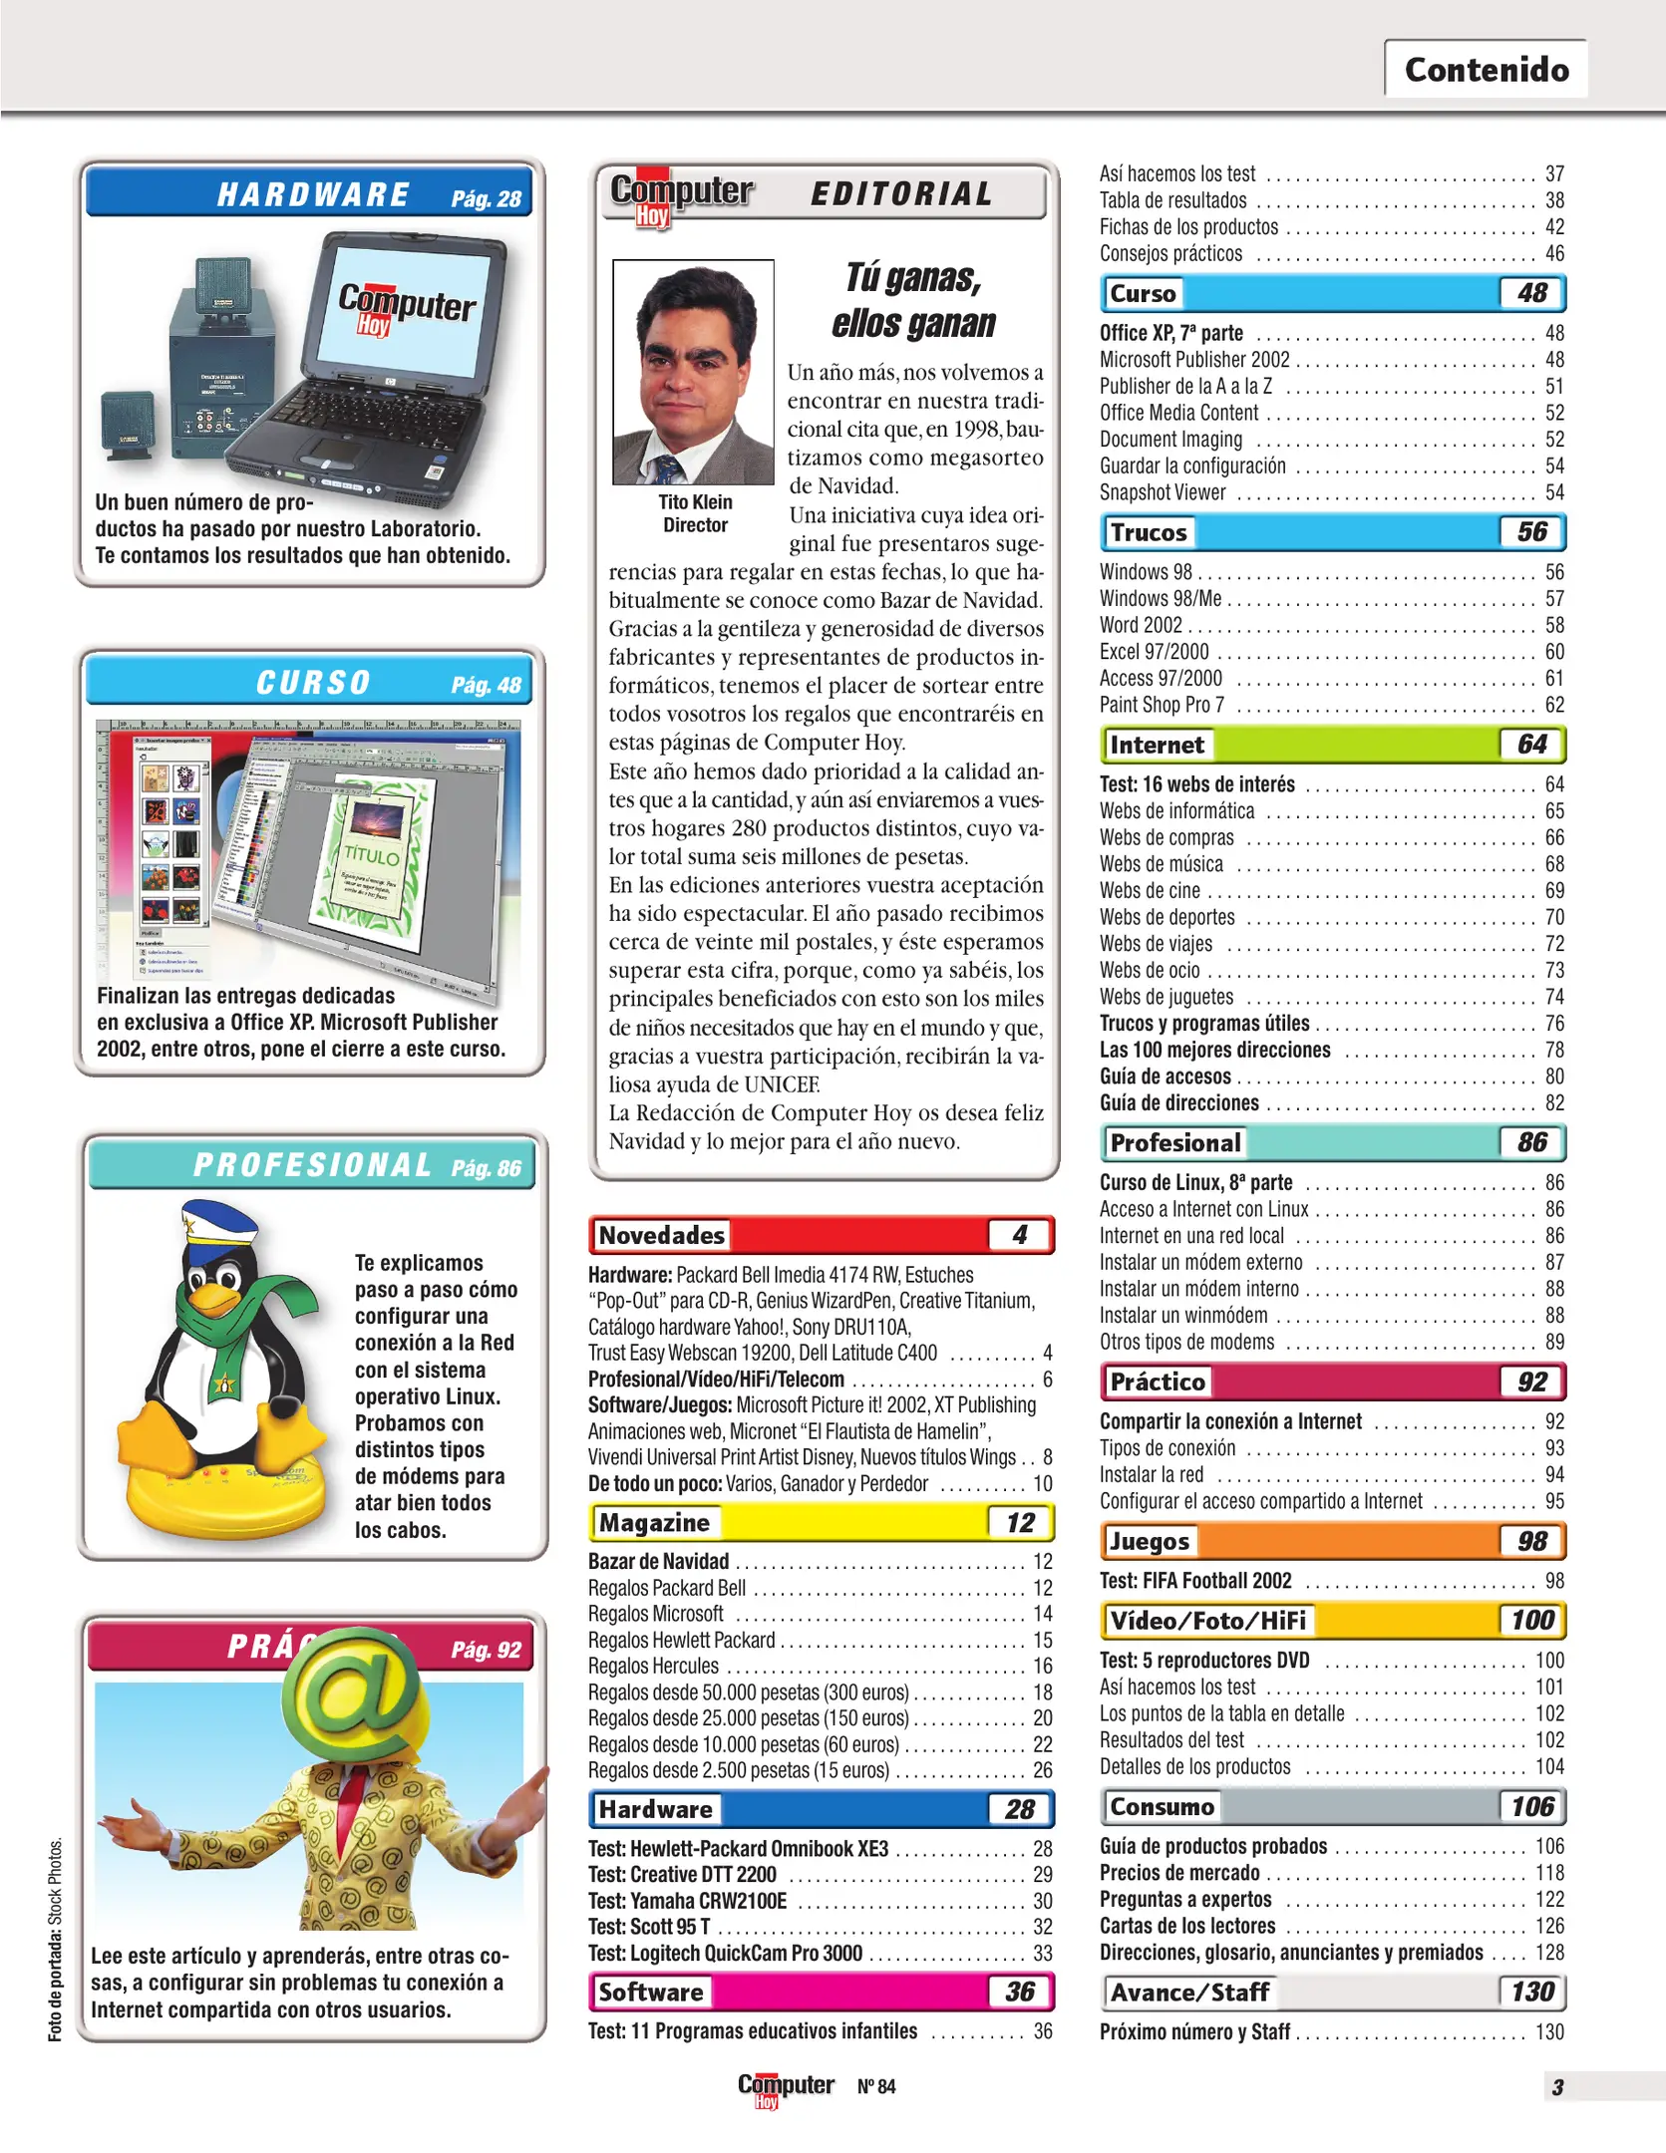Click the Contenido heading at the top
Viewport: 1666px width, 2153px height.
[1486, 70]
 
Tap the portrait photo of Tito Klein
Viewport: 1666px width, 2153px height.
[693, 372]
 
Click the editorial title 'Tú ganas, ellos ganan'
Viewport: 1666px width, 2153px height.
[913, 300]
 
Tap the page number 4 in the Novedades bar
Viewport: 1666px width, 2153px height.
[1019, 1235]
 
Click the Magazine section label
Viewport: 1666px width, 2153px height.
[654, 1522]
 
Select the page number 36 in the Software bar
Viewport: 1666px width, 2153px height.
[1019, 1992]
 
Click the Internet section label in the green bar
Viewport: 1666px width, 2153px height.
[1157, 745]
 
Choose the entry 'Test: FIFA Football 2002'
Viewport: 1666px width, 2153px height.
[1195, 1581]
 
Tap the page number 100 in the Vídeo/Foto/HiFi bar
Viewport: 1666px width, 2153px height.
[1531, 1621]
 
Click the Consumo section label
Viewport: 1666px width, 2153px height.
[1162, 1807]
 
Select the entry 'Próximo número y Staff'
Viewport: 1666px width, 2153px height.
[1194, 2031]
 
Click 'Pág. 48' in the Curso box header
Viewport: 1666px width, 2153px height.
[486, 685]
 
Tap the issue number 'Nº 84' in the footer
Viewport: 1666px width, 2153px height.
[876, 2086]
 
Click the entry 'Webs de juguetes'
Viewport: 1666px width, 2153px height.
[1166, 997]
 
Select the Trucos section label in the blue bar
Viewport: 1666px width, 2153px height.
[1149, 532]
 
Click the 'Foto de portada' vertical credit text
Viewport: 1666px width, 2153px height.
[56, 1939]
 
